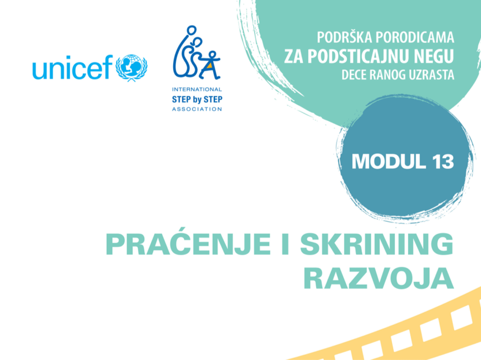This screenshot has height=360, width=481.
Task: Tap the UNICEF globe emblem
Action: tap(132, 67)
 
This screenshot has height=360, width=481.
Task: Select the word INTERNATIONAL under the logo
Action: tap(197, 89)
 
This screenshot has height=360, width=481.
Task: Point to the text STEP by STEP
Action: tap(197, 99)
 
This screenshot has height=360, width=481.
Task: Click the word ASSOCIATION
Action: tap(197, 109)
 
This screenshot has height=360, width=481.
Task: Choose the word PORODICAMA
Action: tap(415, 38)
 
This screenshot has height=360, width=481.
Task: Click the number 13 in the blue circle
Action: tap(443, 162)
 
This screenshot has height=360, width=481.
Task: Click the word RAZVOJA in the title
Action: tap(378, 278)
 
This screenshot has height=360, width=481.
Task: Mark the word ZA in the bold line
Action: tap(294, 56)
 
